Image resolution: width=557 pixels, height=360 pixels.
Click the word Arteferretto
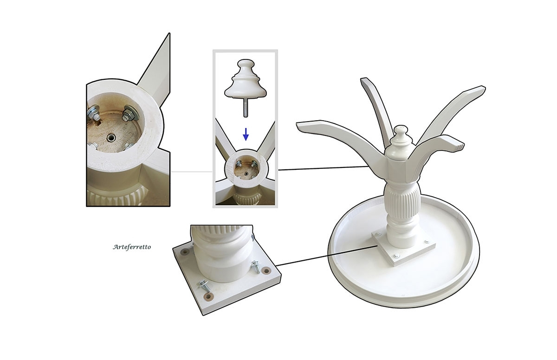(132, 247)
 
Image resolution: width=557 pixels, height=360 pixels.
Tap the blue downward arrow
(246, 135)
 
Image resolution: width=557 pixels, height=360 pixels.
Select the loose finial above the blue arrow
(246, 79)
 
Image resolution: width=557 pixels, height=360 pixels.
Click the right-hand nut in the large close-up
(129, 113)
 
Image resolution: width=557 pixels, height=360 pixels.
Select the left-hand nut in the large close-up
(94, 112)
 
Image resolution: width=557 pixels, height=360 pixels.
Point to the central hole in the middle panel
(246, 174)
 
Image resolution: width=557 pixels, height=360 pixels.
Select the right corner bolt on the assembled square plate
(427, 241)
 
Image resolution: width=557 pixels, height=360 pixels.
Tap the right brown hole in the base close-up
(266, 270)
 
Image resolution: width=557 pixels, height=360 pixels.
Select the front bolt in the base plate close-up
(204, 285)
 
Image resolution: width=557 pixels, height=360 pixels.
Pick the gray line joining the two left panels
(192, 172)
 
